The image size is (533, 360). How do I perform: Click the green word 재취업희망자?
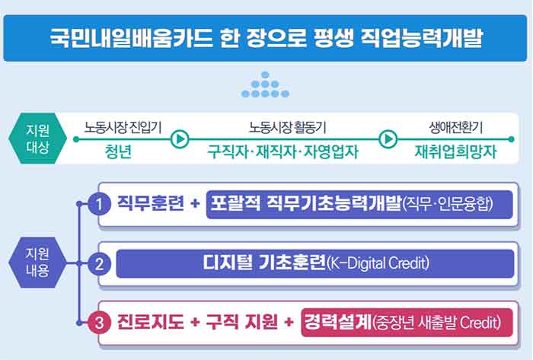coord(455,151)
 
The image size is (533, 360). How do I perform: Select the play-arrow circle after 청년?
coord(180,139)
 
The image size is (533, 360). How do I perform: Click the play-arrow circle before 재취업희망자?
coord(388,139)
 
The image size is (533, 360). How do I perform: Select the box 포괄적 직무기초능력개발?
coord(359,204)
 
